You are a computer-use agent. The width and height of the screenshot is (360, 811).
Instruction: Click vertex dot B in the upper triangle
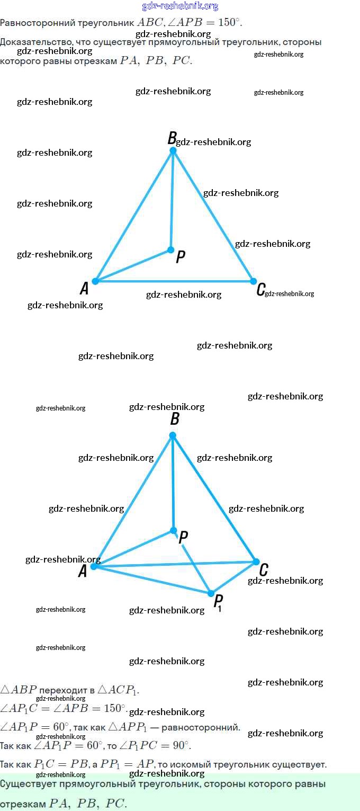[173, 150]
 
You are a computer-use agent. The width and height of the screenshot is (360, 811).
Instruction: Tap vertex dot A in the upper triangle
[95, 281]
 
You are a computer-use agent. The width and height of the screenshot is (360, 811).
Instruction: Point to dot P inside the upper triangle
[170, 249]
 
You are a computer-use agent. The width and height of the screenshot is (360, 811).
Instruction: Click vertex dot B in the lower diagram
[172, 435]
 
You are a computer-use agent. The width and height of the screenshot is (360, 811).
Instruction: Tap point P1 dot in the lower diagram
[211, 593]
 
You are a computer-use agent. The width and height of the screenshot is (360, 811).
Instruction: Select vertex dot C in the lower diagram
[256, 562]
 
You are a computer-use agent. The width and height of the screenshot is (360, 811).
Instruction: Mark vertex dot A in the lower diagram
[94, 566]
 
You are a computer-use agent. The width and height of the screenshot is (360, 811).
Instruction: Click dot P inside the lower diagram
[173, 530]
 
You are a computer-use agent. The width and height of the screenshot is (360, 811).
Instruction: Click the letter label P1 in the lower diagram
[218, 603]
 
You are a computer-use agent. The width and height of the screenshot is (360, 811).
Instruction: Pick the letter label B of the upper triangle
[172, 139]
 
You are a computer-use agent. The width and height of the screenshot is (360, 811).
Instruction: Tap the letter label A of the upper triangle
[84, 289]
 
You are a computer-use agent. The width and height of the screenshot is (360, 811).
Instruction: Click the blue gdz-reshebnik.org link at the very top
[180, 6]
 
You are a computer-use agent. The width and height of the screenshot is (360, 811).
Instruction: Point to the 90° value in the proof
[181, 746]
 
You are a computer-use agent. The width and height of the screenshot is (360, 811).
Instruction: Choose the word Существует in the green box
[27, 784]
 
